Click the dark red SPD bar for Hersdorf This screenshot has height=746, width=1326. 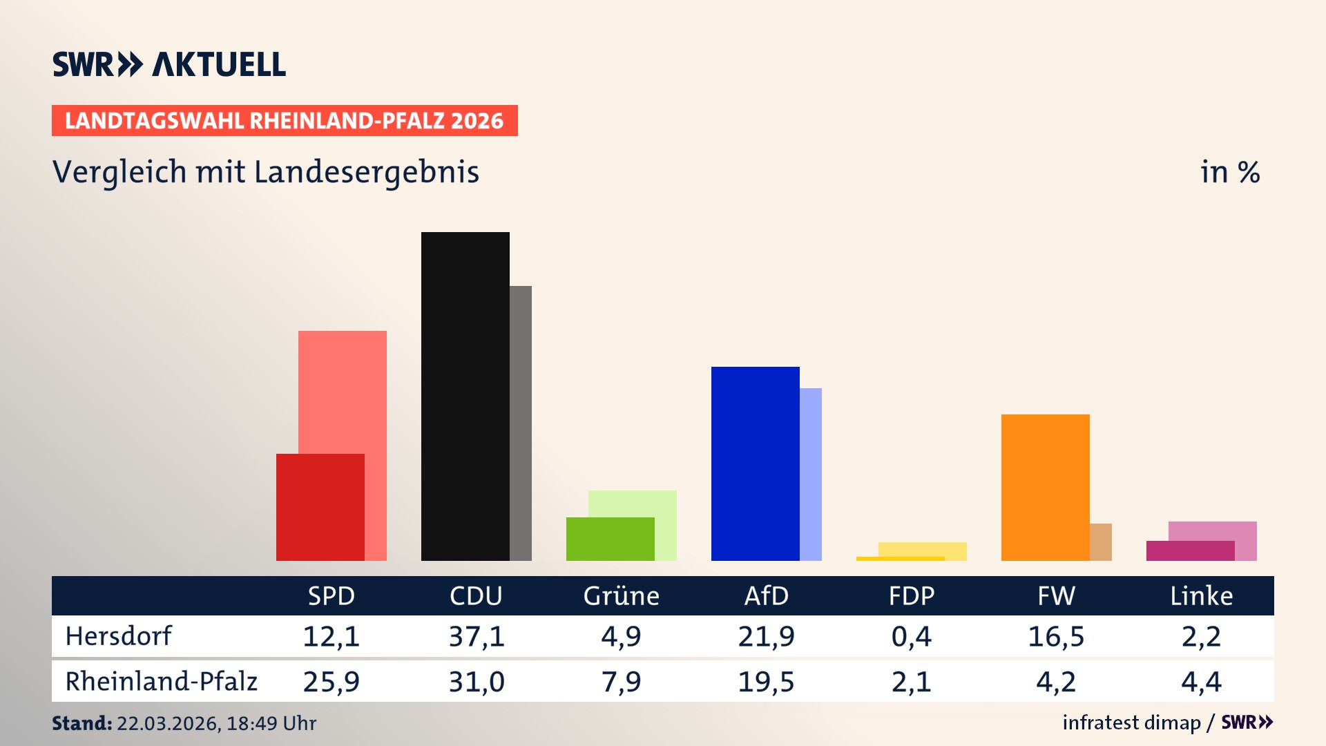320,507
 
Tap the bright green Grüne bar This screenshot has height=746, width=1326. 610,539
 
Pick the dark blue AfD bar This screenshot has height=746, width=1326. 755,463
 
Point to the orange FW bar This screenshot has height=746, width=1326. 1045,487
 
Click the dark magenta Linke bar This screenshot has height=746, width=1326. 1190,551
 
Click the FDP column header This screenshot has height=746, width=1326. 911,595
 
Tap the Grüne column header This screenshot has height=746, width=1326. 621,595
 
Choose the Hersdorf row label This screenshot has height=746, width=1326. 118,636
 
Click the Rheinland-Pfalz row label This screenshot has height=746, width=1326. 161,682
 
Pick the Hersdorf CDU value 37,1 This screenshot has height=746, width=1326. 477,636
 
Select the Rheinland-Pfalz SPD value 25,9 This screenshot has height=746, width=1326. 331,682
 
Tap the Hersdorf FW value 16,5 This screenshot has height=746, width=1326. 1056,636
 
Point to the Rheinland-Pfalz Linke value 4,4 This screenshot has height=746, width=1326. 1201,682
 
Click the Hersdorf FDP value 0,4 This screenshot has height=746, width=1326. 911,636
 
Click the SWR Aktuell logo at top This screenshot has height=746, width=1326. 169,64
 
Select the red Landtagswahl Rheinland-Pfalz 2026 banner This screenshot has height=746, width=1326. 285,121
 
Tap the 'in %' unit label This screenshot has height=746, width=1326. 1229,172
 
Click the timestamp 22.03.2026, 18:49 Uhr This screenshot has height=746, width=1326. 215,723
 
